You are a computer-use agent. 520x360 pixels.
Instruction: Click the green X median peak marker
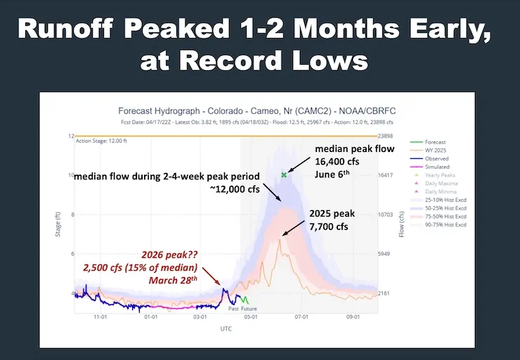[x=284, y=174]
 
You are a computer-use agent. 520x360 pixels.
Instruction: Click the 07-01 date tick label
[x=301, y=318]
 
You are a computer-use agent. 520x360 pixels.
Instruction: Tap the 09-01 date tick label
[x=353, y=318]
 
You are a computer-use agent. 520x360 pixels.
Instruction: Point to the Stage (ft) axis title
[x=59, y=219]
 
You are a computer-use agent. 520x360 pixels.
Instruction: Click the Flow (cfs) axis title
[x=403, y=219]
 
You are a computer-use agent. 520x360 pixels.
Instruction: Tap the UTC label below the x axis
[x=226, y=328]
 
